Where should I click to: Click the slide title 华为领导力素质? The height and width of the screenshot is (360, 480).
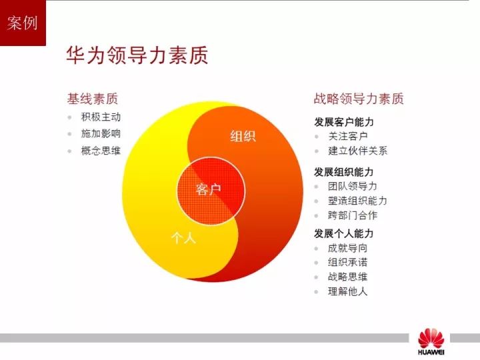[x=137, y=55]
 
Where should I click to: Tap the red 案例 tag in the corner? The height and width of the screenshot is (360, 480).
[x=23, y=23]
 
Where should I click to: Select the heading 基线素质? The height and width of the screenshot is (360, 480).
[x=93, y=99]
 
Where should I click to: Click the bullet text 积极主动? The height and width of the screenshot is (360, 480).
[x=101, y=117]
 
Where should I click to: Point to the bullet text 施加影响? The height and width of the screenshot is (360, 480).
[x=101, y=133]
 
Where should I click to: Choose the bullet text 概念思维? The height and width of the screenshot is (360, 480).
[x=101, y=151]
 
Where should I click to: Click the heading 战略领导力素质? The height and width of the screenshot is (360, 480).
[x=359, y=99]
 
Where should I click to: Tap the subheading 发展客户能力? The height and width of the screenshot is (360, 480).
[x=344, y=122]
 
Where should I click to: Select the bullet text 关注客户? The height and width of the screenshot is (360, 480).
[x=348, y=136]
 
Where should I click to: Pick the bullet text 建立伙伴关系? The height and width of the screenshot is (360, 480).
[x=357, y=151]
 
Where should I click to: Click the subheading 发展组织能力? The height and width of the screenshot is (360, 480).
[x=344, y=172]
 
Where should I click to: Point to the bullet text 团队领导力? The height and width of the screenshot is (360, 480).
[x=353, y=186]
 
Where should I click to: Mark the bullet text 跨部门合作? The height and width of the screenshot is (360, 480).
[x=353, y=215]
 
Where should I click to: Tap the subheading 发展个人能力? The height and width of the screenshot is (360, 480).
[x=344, y=233]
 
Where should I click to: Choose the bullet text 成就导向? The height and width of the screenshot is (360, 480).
[x=347, y=248]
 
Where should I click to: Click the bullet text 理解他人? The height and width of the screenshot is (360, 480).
[x=347, y=291]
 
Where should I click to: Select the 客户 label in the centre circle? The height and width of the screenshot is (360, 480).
[x=209, y=189]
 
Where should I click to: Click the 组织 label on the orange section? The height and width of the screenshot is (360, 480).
[x=243, y=136]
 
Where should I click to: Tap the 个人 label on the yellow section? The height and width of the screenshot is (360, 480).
[x=184, y=237]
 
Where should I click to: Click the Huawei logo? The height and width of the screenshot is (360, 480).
[x=431, y=341]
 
